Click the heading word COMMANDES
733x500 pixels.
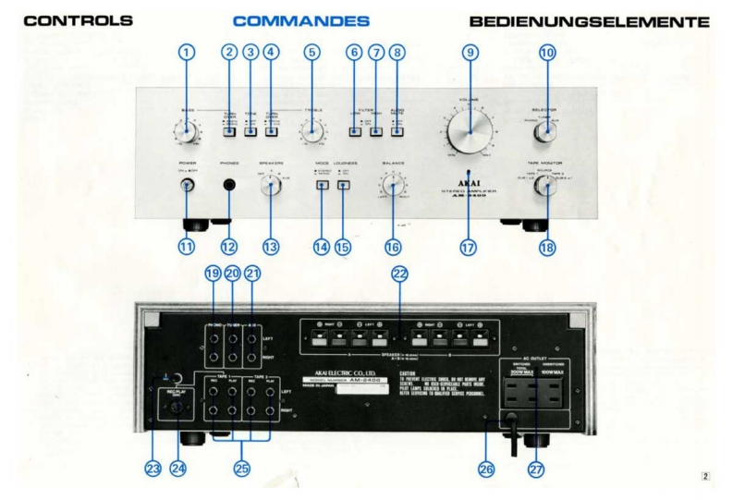pos(301,20)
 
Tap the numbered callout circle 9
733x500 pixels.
pos(471,54)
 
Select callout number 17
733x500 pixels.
pos(469,247)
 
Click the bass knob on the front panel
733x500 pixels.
pos(188,135)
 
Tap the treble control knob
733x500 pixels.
pos(311,135)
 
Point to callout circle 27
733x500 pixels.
pos(536,469)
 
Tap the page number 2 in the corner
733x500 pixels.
pos(705,477)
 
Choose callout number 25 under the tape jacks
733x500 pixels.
pos(241,469)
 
